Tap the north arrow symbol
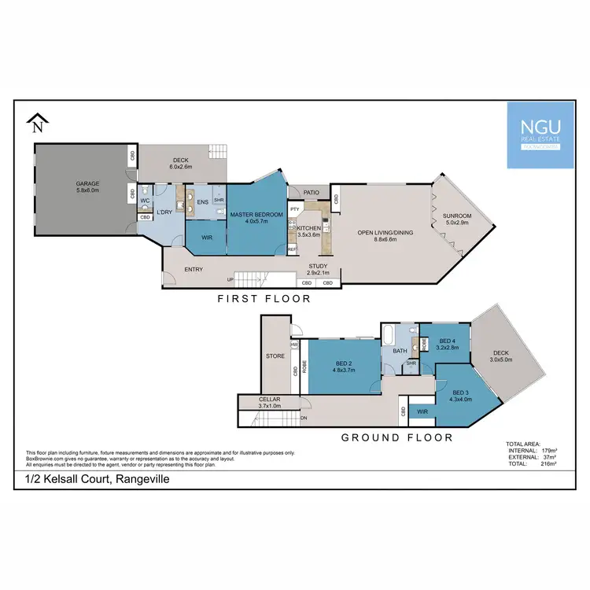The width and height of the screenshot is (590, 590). (38, 123)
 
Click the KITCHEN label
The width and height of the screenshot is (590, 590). (308, 227)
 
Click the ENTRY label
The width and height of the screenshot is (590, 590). (193, 270)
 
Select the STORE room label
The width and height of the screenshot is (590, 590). (275, 356)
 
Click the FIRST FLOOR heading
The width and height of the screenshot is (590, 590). (264, 299)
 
